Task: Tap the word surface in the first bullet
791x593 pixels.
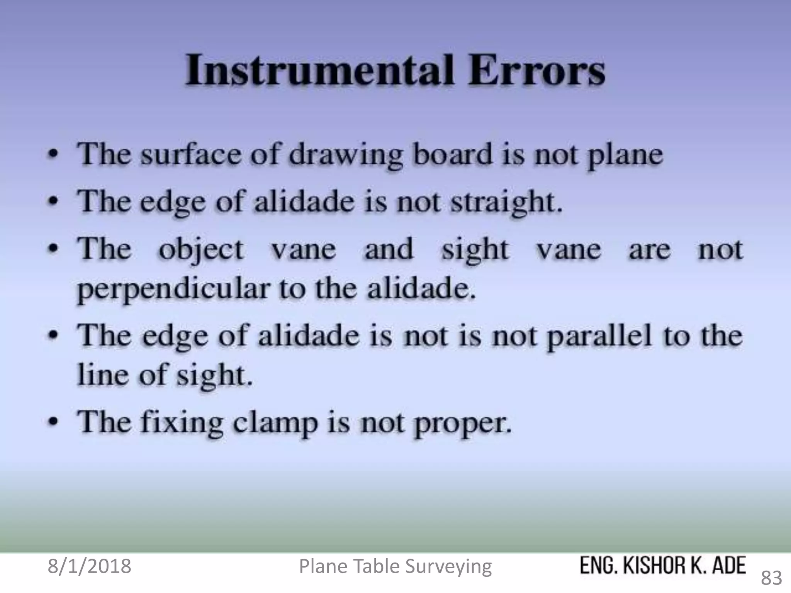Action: pos(191,154)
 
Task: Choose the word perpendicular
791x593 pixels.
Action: pos(173,290)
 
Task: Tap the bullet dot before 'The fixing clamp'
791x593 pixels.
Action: pos(56,421)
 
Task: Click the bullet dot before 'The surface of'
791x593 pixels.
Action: pos(56,154)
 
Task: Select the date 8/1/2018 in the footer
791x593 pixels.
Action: pos(89,566)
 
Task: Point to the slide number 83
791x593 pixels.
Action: pos(771,578)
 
